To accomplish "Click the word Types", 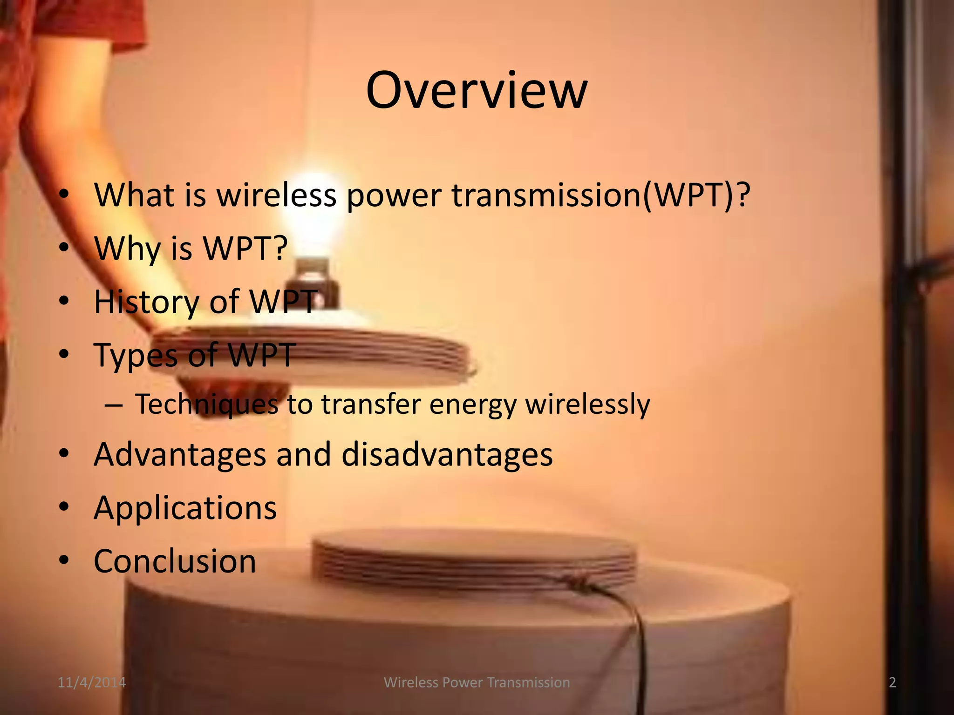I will point(135,356).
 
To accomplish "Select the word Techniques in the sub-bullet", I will point(206,404).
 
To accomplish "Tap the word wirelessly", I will point(587,404).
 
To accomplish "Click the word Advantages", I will point(180,455).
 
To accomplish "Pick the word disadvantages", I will point(447,455).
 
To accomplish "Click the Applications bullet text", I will point(185,508).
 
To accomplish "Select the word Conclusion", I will point(175,561).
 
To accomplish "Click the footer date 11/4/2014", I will point(92,682).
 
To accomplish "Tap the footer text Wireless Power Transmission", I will point(477,682).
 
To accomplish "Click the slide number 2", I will point(892,682).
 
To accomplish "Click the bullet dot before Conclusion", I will point(64,560).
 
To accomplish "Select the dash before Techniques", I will point(114,405).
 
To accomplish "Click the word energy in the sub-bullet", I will point(472,404).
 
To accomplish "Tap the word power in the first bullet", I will point(394,196).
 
